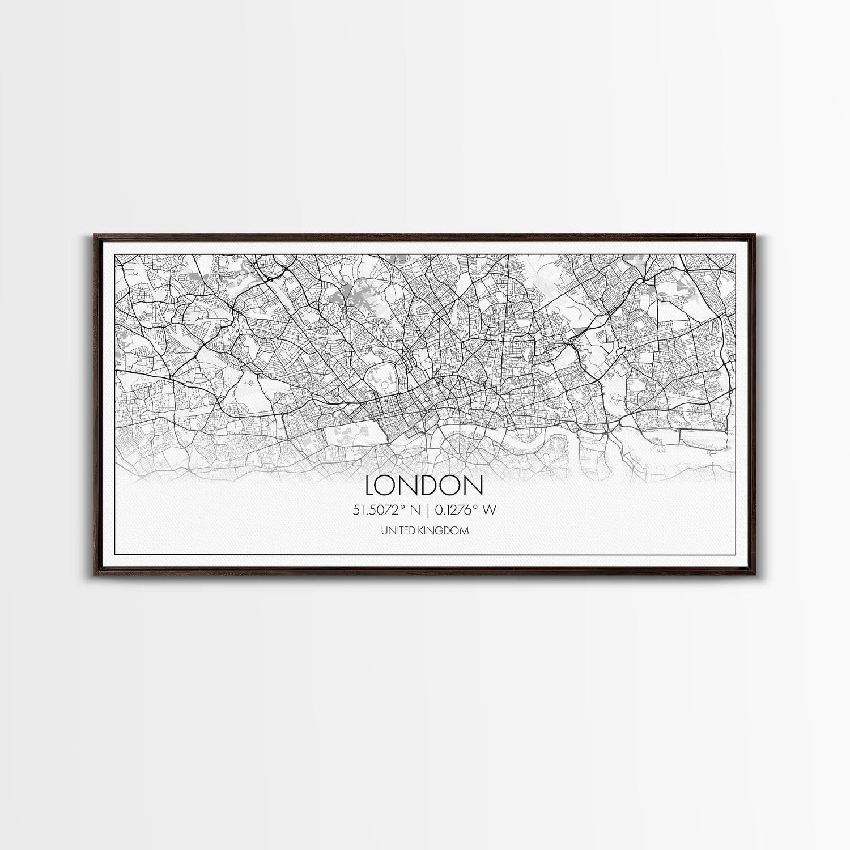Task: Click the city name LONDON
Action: click(424, 485)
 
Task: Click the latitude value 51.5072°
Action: click(380, 510)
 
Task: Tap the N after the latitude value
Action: click(415, 511)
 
